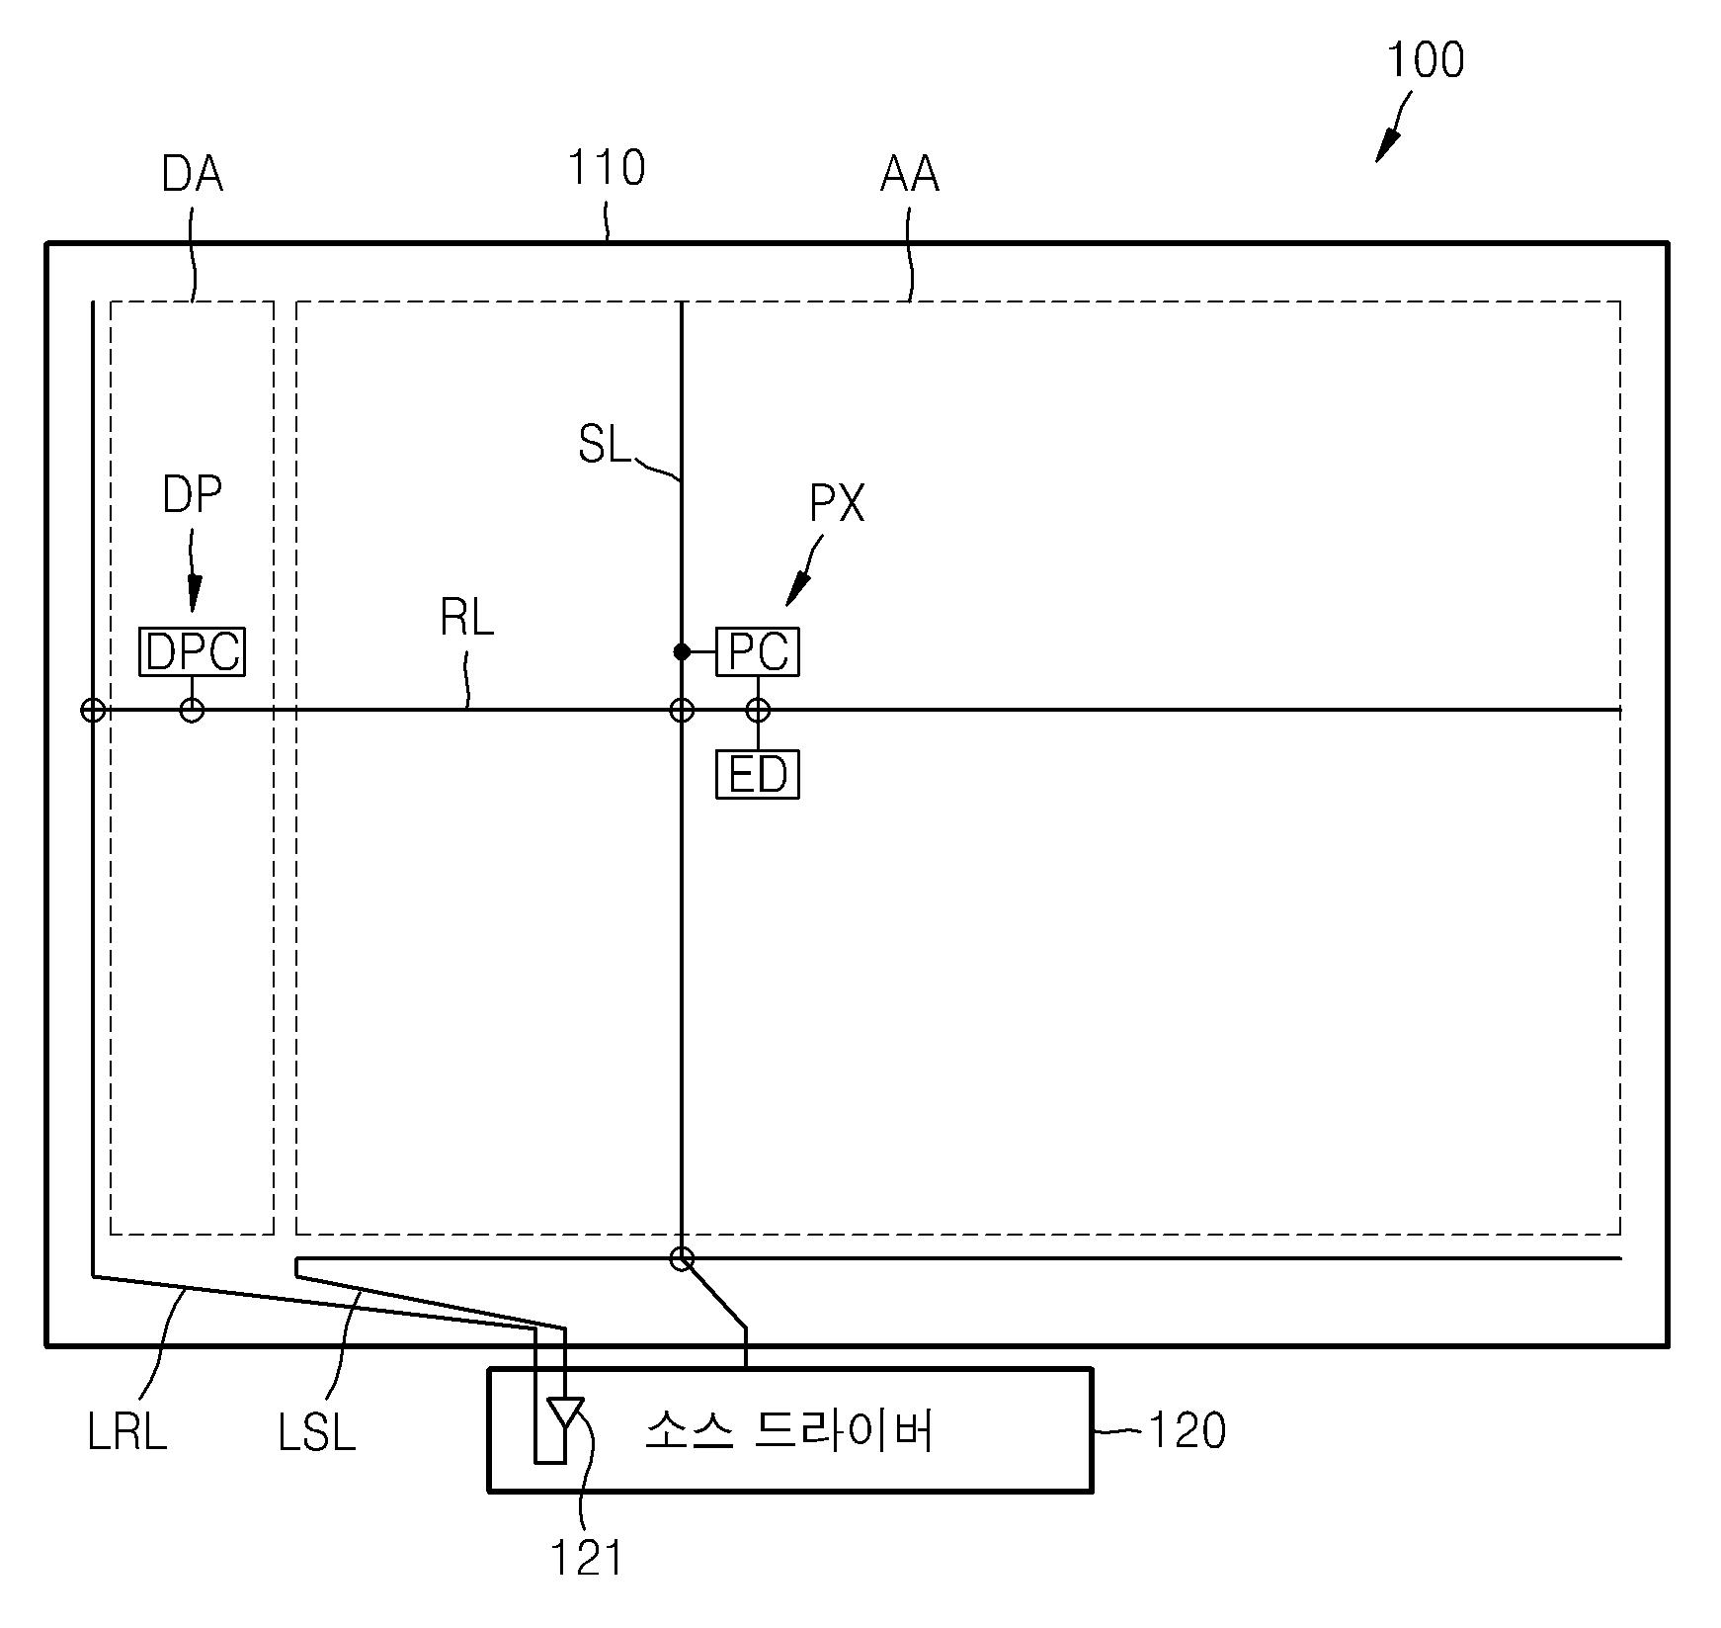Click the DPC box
click(x=192, y=651)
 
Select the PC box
click(x=757, y=651)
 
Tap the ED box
click(x=757, y=774)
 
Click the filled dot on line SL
click(x=682, y=651)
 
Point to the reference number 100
click(x=1425, y=60)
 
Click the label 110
click(x=606, y=168)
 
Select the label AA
click(x=909, y=175)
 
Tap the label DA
click(x=192, y=175)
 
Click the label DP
click(x=192, y=494)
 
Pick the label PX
click(x=837, y=503)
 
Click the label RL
click(x=466, y=619)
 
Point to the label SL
click(x=604, y=445)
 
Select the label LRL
click(x=127, y=1432)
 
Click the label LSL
click(x=316, y=1432)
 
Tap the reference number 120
click(x=1187, y=1430)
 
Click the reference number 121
click(x=586, y=1559)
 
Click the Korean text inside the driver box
click(x=790, y=1430)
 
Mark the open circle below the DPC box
click(x=192, y=710)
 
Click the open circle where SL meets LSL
click(x=682, y=1258)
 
